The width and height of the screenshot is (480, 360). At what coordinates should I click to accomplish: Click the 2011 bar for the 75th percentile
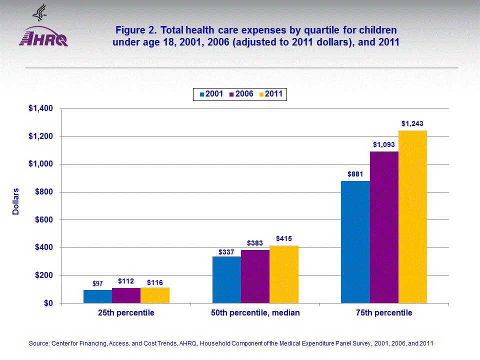click(412, 216)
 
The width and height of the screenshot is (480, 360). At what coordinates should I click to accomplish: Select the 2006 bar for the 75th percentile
click(384, 227)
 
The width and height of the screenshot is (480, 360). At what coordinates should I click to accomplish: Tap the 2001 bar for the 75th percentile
click(355, 242)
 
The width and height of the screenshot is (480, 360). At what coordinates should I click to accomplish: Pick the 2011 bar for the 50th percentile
click(284, 274)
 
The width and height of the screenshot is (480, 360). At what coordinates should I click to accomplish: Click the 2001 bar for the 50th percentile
click(226, 279)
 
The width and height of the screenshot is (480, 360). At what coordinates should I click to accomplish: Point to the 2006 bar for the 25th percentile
click(126, 295)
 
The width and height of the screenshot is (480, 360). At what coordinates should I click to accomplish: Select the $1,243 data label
click(413, 123)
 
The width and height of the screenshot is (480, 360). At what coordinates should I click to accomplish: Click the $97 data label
click(97, 283)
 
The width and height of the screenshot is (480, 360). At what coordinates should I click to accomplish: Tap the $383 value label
click(255, 242)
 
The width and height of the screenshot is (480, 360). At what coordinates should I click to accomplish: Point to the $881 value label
click(355, 174)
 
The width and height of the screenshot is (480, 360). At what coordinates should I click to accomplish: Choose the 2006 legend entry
click(241, 93)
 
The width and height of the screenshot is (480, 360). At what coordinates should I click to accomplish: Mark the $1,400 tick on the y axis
click(43, 108)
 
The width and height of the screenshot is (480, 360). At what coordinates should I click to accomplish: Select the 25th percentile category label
click(126, 313)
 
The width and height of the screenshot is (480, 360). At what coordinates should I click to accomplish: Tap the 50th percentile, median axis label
click(255, 313)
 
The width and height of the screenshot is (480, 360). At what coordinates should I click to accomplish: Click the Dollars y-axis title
click(16, 201)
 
